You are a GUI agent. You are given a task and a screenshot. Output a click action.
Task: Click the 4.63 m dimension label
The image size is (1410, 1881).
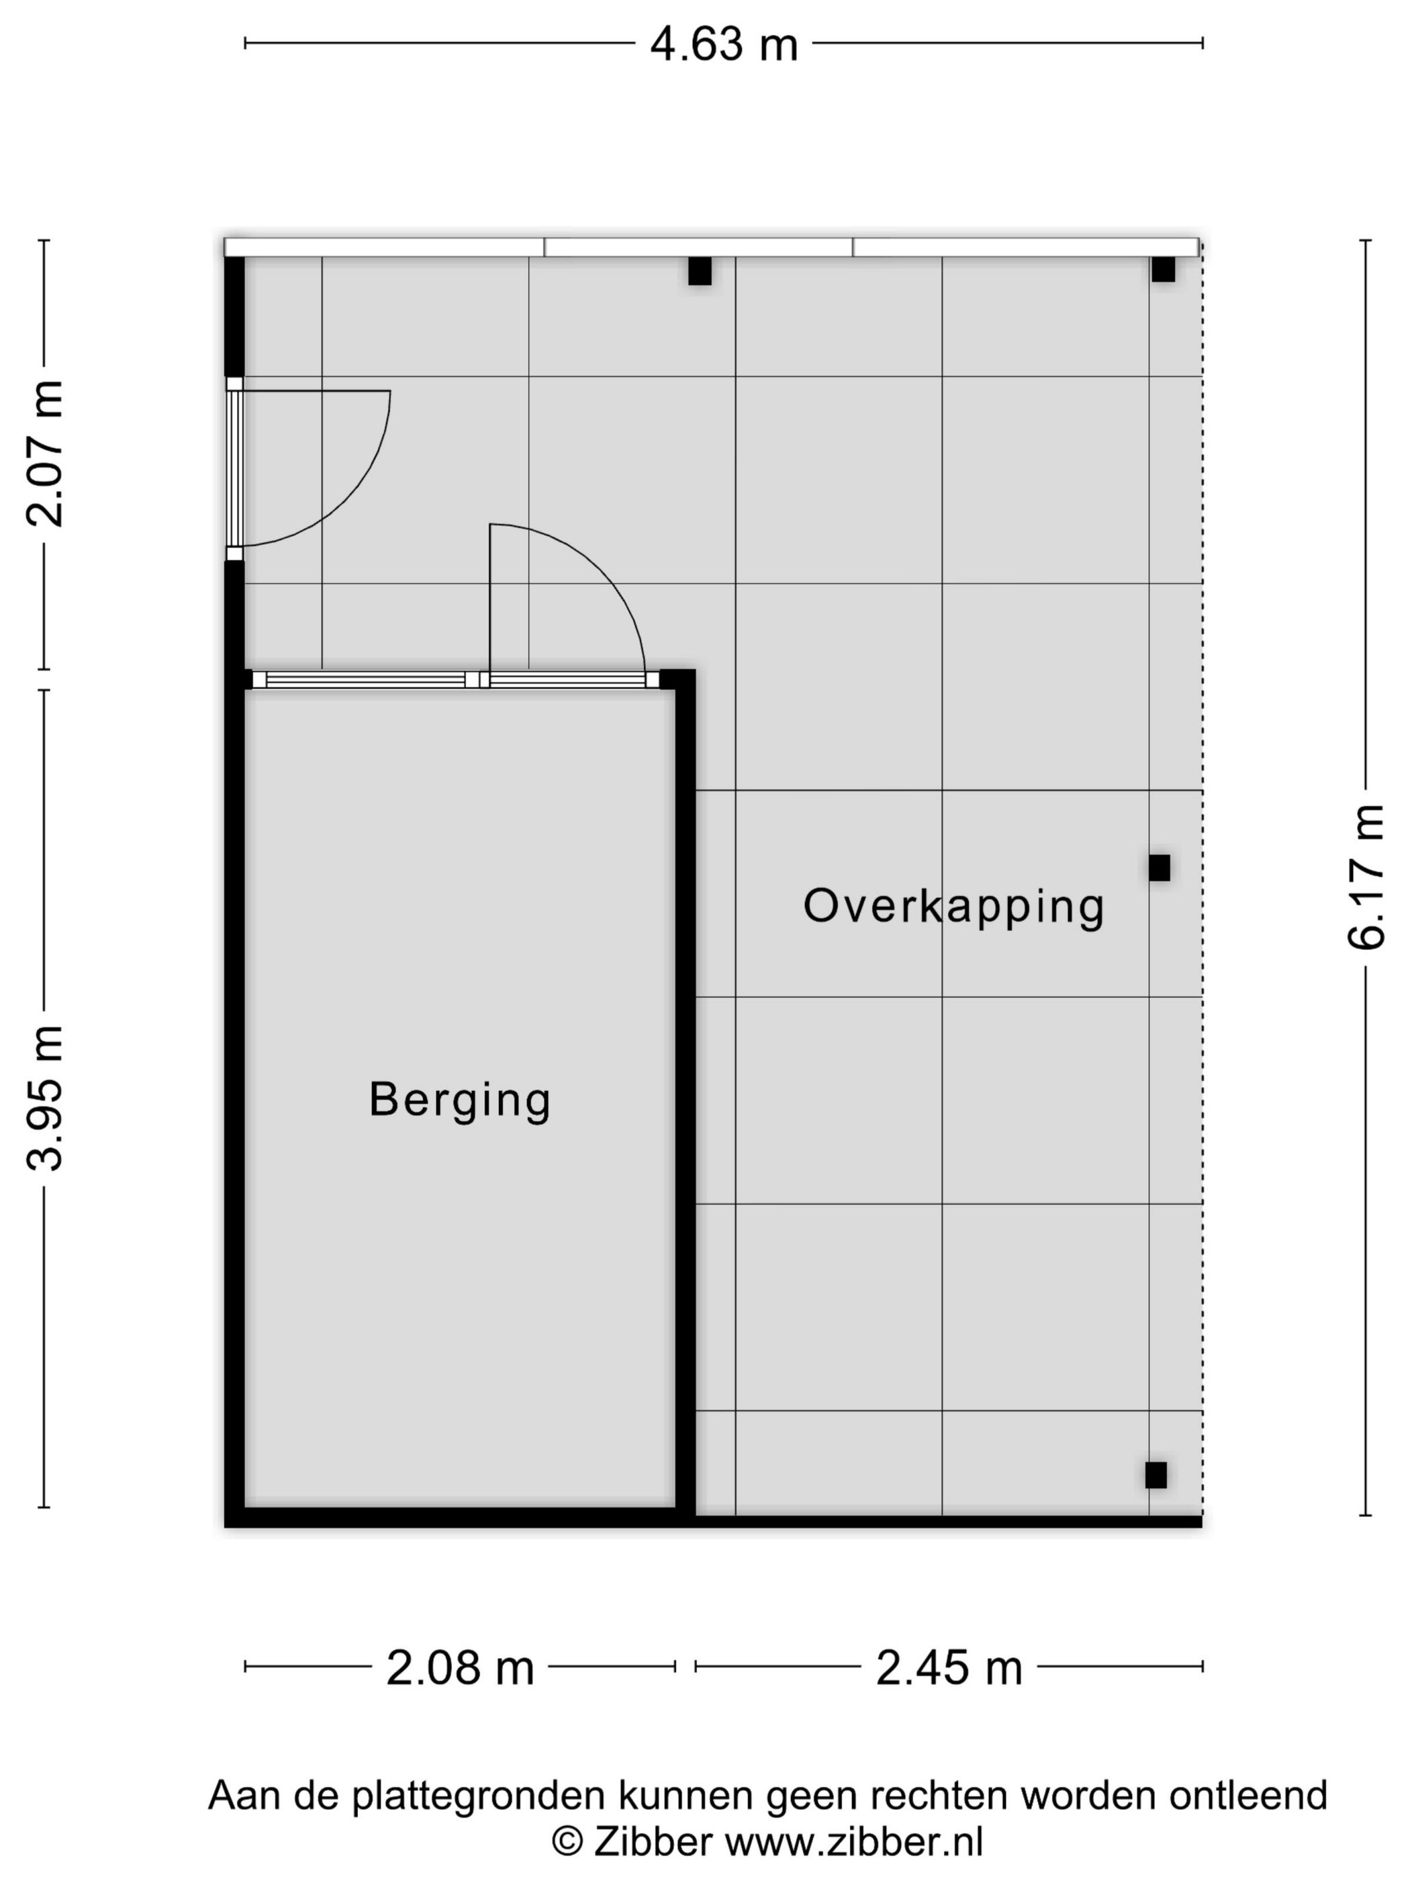(x=723, y=44)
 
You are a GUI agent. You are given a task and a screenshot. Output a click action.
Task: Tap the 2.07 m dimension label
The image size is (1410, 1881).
(x=45, y=454)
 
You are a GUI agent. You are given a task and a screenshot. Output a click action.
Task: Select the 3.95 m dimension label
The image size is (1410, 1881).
(x=45, y=1098)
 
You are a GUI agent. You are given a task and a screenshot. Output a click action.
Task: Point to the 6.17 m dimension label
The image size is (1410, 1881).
(x=1366, y=877)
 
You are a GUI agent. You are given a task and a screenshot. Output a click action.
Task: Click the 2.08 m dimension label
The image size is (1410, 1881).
(x=460, y=1669)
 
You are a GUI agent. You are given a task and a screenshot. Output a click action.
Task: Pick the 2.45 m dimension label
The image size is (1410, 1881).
(x=949, y=1669)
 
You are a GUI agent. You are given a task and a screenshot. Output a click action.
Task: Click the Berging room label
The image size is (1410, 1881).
(x=460, y=1100)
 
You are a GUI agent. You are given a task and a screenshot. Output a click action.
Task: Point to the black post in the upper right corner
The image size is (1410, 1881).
(x=1164, y=269)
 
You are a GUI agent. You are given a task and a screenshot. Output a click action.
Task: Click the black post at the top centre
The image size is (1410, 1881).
(x=700, y=271)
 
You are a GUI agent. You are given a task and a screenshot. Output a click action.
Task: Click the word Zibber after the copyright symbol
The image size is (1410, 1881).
(x=653, y=1842)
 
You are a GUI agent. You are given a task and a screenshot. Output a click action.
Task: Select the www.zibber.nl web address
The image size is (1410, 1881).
(x=853, y=1842)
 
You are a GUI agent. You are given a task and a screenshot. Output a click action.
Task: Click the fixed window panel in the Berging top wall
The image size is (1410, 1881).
(x=365, y=679)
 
